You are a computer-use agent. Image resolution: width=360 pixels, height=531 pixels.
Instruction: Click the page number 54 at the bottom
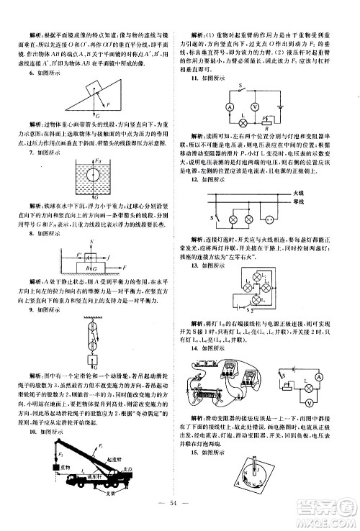pos(180,518)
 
